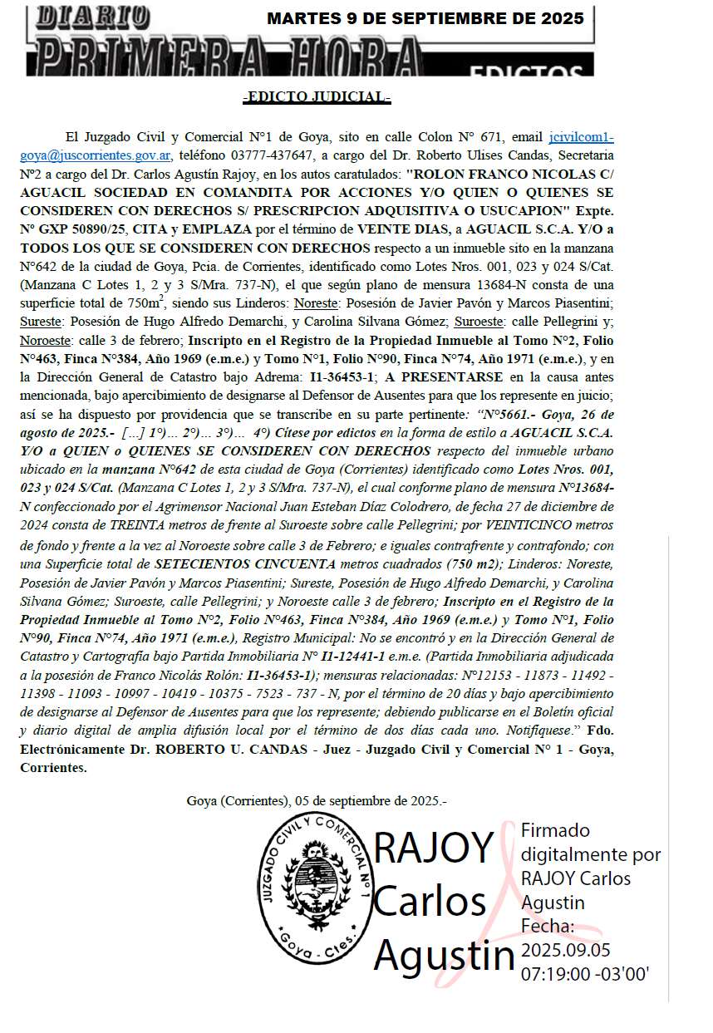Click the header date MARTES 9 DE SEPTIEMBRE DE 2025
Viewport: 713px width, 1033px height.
coord(425,18)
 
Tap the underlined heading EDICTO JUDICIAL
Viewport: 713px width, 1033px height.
coord(317,97)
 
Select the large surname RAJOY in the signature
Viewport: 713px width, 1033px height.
coord(434,848)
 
